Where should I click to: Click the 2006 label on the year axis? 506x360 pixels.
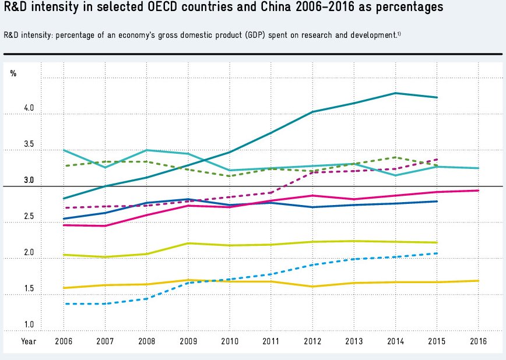pyautogui.click(x=64, y=341)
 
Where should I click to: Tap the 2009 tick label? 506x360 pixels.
pyautogui.click(x=188, y=341)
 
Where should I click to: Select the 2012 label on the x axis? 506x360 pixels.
pyautogui.click(x=312, y=341)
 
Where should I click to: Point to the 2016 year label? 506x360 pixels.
pyautogui.click(x=478, y=341)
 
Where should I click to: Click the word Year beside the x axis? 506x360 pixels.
pyautogui.click(x=29, y=341)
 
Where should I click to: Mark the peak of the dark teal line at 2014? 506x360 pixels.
pyautogui.click(x=395, y=93)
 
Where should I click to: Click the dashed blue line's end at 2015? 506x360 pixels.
pyautogui.click(x=437, y=253)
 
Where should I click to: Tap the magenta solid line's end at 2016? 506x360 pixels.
pyautogui.click(x=478, y=190)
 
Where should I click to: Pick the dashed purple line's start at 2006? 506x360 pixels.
pyautogui.click(x=65, y=208)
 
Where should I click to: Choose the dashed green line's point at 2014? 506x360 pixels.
pyautogui.click(x=395, y=157)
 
